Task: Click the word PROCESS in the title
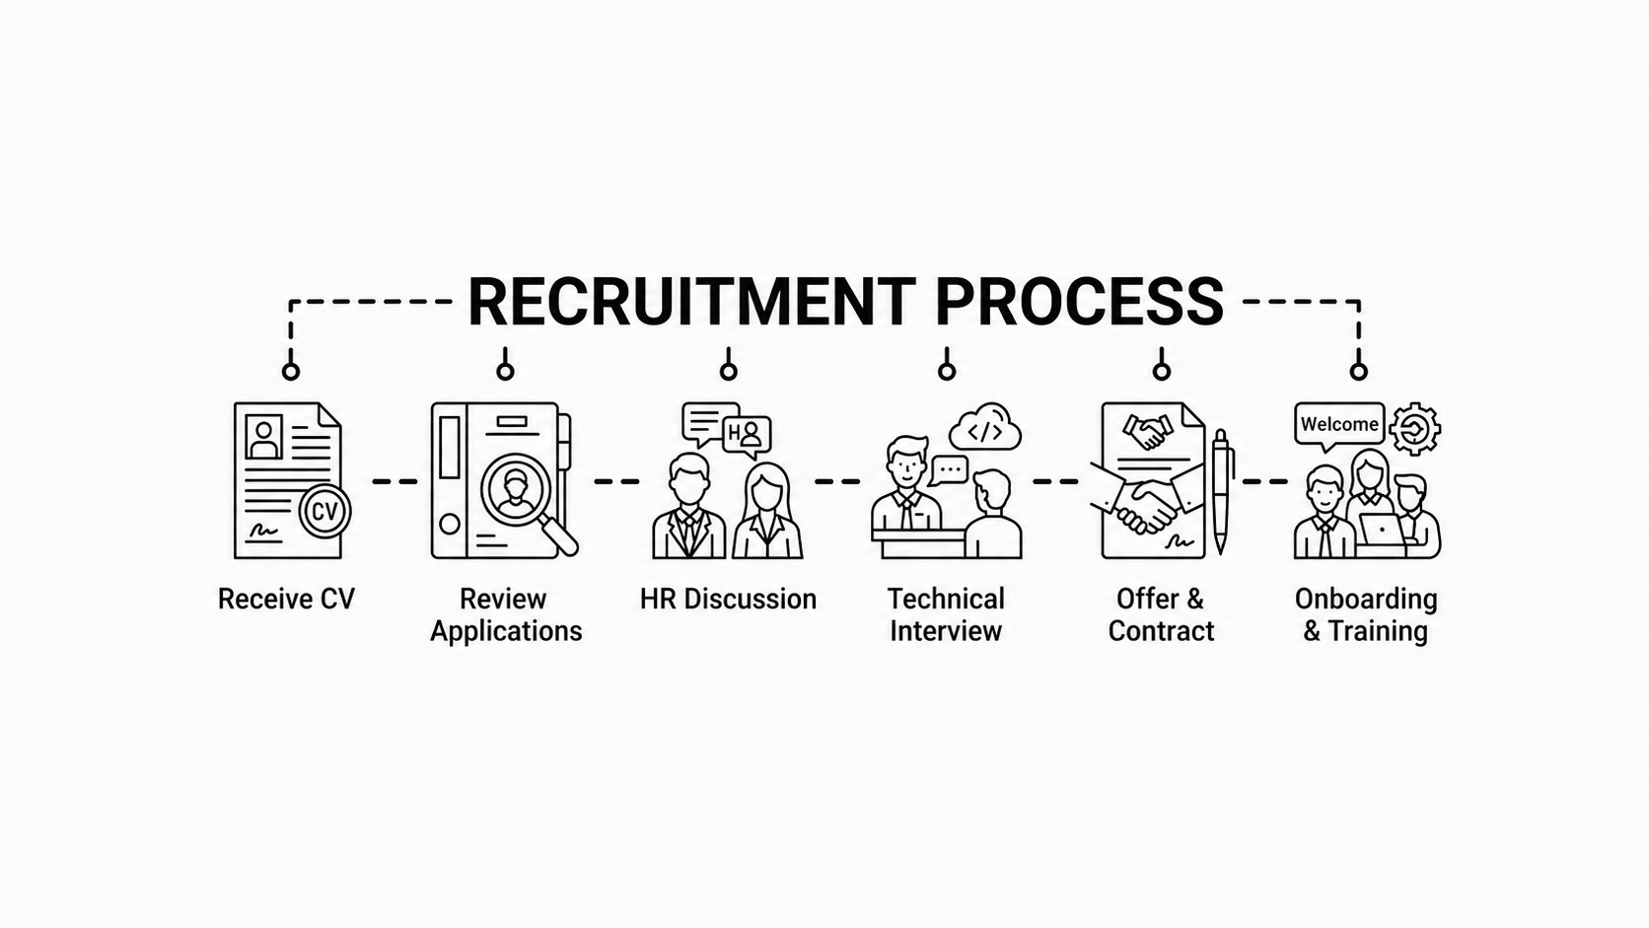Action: pos(1080,301)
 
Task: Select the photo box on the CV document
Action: pos(263,437)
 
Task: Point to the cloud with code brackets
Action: pos(985,428)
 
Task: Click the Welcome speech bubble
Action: pos(1339,426)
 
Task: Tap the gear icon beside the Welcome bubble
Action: pos(1415,429)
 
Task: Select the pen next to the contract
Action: pos(1221,491)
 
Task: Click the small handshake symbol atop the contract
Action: pos(1147,432)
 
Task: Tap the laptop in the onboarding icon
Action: pos(1381,530)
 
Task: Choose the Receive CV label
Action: pos(286,599)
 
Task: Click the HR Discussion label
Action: pos(728,599)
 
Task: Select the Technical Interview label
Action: pos(946,615)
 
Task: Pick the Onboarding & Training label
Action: pos(1366,615)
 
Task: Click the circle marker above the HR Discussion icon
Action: pos(728,371)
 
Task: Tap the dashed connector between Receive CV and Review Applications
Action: pos(394,481)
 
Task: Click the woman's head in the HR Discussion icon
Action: pos(766,486)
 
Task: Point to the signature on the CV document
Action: pos(263,530)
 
